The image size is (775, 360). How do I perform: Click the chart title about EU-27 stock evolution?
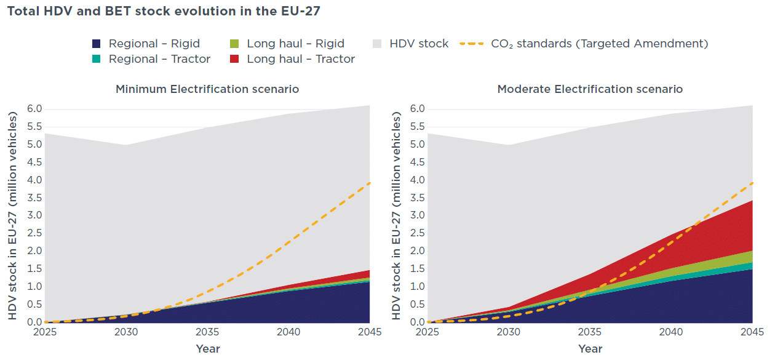(x=164, y=11)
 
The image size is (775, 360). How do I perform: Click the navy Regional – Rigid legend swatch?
(x=96, y=44)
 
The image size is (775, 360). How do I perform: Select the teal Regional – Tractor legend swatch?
(x=96, y=59)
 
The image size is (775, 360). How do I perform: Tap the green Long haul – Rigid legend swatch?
(x=234, y=44)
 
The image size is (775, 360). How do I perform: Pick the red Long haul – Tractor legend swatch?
(x=234, y=59)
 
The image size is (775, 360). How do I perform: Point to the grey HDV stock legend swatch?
(x=377, y=44)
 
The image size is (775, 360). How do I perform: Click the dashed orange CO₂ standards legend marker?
(x=472, y=44)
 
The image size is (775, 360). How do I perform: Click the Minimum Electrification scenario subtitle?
(x=207, y=89)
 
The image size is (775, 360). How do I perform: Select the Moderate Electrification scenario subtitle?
(x=590, y=89)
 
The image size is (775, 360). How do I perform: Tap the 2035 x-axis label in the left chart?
(x=207, y=332)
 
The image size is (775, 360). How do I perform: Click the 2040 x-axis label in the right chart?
(x=671, y=332)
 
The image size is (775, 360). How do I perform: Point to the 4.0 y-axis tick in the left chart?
(x=34, y=180)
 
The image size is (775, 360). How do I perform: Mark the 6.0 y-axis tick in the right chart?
(x=417, y=109)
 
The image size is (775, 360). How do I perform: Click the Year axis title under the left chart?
(x=208, y=348)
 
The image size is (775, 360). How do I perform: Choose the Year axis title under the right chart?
(x=590, y=348)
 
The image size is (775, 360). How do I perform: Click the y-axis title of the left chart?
(x=12, y=215)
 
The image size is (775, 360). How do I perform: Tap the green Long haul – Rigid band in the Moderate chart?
(x=726, y=264)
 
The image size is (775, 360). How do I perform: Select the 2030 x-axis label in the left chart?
(x=126, y=332)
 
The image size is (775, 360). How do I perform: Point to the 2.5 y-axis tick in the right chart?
(x=417, y=233)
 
